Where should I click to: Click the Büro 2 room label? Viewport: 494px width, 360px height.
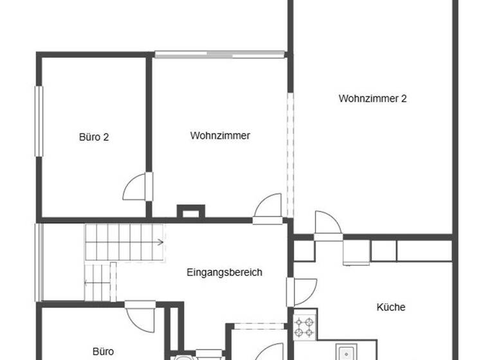[93, 137]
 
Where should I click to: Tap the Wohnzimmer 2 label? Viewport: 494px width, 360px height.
[372, 99]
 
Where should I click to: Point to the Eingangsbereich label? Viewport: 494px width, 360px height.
[224, 273]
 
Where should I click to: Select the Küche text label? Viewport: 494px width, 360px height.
[391, 307]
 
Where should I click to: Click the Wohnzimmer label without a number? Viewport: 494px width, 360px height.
[220, 136]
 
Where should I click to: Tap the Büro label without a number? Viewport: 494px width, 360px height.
[103, 352]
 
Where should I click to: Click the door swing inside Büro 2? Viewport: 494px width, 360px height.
[136, 186]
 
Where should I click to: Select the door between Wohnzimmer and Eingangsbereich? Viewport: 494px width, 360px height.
[267, 209]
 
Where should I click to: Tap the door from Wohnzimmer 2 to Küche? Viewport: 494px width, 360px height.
[327, 224]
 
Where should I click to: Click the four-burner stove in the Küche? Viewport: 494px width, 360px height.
[304, 325]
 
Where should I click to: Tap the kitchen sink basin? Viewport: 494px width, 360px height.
[347, 353]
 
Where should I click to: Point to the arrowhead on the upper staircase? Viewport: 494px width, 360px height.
[160, 242]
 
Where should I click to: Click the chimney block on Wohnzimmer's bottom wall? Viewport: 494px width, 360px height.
[190, 211]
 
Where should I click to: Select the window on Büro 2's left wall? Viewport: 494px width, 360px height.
[38, 122]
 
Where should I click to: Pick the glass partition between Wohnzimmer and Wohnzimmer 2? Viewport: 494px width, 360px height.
[290, 154]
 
